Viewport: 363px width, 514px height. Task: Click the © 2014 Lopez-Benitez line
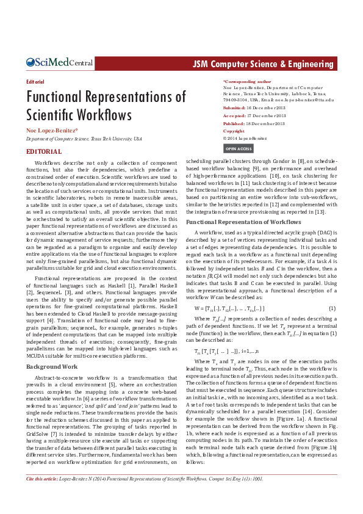tap(250, 139)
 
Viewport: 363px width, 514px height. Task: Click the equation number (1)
tap(332, 308)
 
